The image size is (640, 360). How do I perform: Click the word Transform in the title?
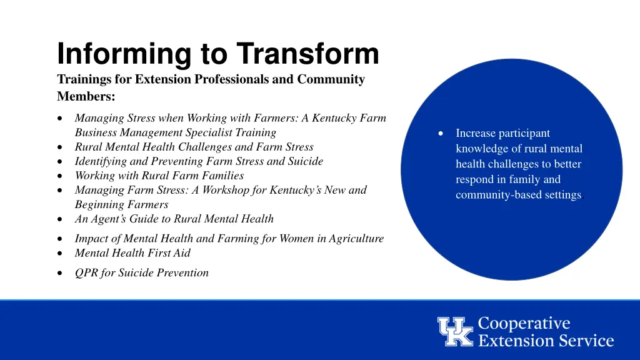click(307, 54)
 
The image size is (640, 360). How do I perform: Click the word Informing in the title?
click(124, 55)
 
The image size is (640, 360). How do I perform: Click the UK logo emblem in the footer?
click(456, 331)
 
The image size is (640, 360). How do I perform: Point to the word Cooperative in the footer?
click(524, 323)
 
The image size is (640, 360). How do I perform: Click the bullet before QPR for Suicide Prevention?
click(59, 273)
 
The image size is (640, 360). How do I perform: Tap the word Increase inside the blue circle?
click(477, 133)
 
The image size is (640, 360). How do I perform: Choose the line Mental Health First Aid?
click(132, 253)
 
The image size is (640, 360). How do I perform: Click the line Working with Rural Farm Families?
click(159, 176)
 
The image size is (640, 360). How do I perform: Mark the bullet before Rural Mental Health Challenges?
click(59, 147)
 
